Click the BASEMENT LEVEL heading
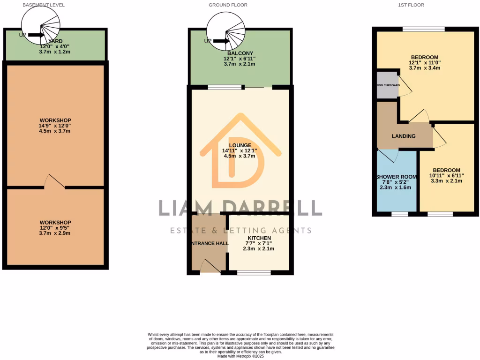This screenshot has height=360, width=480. click(44, 5)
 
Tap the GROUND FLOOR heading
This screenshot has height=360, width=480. click(228, 5)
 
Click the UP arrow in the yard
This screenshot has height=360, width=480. click(36, 35)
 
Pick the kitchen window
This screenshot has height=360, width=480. click(254, 272)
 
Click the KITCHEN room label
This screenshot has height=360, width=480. click(259, 238)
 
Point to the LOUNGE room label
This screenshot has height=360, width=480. click(240, 145)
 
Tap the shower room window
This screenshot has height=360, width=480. click(399, 214)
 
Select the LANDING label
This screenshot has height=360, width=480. click(404, 136)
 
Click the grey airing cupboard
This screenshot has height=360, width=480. click(387, 85)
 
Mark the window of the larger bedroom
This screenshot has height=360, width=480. click(423, 29)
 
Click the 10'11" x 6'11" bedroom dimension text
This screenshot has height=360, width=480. click(446, 176)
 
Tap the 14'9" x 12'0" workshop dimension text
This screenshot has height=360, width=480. click(55, 126)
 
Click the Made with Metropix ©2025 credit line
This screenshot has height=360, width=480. click(240, 356)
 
